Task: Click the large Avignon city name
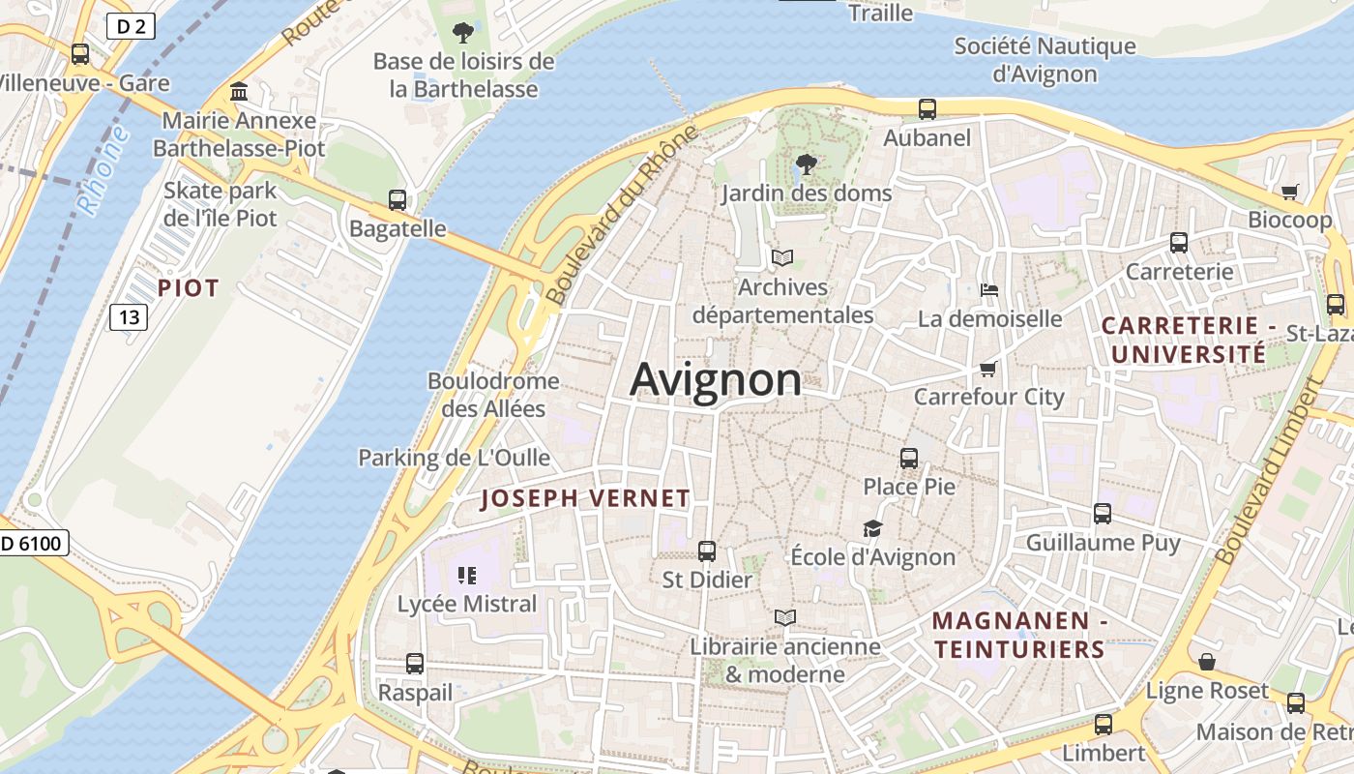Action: (716, 379)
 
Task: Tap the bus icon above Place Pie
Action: (909, 459)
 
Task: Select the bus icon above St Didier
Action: (707, 551)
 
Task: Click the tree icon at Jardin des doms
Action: (805, 164)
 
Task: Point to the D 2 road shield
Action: (131, 26)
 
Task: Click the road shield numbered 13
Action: (129, 316)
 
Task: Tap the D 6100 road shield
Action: (32, 544)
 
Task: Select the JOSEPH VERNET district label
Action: (585, 499)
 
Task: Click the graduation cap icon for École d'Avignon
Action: (873, 528)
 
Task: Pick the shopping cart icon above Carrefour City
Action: (988, 369)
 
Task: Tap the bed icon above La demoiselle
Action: (988, 290)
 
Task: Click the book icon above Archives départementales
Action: (782, 258)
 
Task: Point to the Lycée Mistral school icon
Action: (467, 577)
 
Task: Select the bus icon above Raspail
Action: (415, 664)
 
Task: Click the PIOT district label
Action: (189, 288)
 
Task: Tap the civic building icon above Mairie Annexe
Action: (239, 92)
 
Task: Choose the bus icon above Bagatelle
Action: (397, 200)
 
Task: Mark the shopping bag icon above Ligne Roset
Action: (1207, 663)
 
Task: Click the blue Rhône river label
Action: (104, 171)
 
